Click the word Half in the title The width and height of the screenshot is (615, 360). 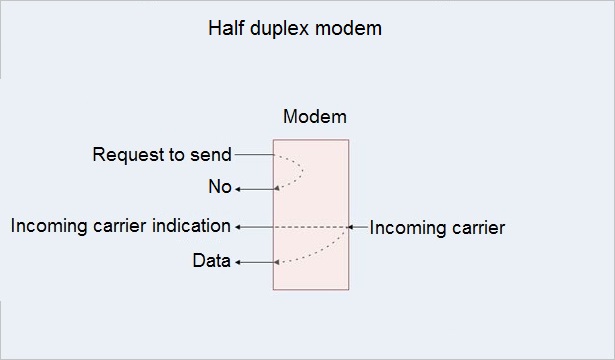tap(225, 28)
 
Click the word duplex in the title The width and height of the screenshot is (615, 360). tap(280, 28)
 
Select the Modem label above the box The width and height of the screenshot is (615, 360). tap(315, 117)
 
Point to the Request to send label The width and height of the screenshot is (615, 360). tap(162, 155)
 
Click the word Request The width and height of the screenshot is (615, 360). tap(127, 155)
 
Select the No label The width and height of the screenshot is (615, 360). tap(220, 188)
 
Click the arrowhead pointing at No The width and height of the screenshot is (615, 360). tap(239, 188)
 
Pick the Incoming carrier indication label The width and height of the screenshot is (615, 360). tap(121, 226)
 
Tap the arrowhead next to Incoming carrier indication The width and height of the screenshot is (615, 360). tap(237, 227)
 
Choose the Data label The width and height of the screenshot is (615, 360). tap(212, 262)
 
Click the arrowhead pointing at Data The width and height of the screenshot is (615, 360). tap(238, 263)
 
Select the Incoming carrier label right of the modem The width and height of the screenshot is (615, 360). tap(437, 228)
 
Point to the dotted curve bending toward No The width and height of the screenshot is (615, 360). tap(299, 172)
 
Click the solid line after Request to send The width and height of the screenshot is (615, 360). tap(254, 155)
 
